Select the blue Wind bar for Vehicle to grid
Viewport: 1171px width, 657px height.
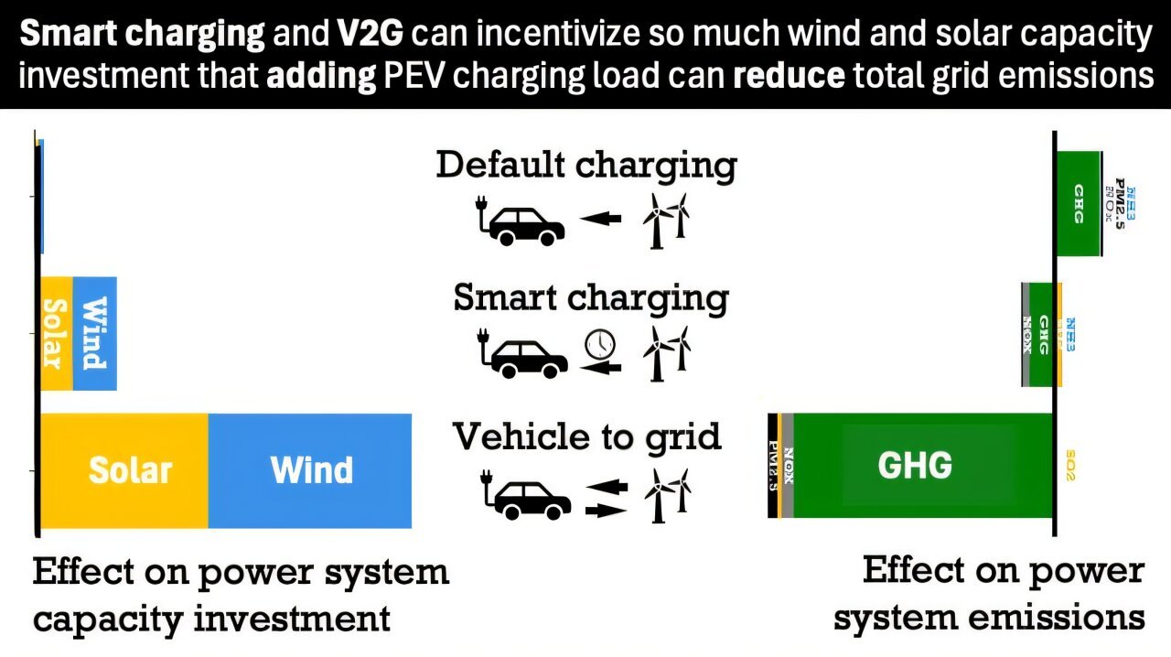311,470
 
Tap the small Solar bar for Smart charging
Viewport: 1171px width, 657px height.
56,333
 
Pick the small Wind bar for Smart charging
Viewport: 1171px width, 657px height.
94,333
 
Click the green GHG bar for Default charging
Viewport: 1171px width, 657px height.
1079,203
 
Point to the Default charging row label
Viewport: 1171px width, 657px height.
586,166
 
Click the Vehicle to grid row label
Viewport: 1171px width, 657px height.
586,436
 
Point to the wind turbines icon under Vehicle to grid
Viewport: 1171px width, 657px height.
668,495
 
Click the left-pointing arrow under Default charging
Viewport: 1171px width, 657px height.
600,220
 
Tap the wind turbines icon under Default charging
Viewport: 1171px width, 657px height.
666,221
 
